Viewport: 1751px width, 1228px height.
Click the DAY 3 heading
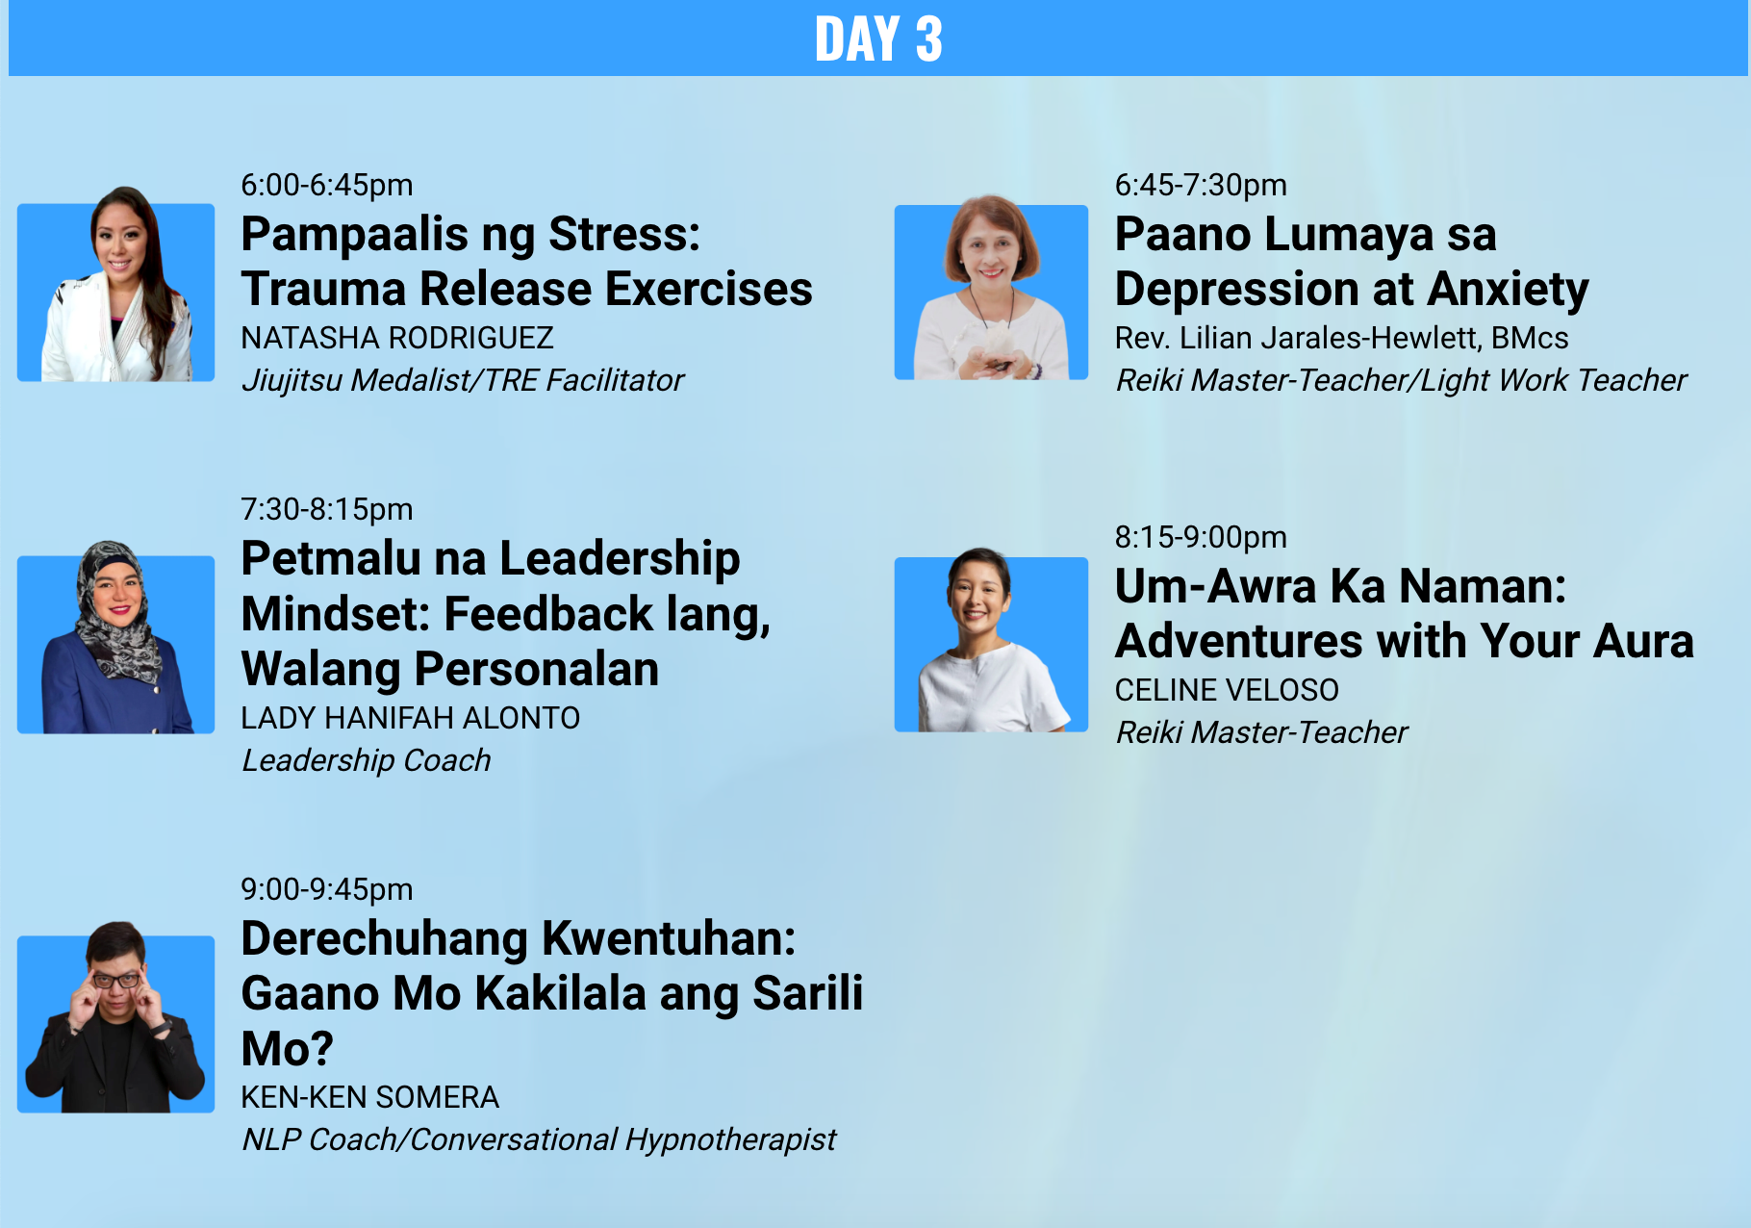(878, 38)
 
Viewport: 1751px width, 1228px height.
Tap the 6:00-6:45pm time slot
(327, 185)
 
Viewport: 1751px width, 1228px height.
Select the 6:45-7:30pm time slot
(1201, 185)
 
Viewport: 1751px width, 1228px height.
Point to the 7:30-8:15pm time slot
(327, 509)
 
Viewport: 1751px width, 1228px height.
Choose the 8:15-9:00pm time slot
(1201, 537)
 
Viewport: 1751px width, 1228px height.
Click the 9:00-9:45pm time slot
(327, 889)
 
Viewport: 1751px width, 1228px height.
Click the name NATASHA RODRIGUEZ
(397, 338)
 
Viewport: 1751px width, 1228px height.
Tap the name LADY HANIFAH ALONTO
(411, 718)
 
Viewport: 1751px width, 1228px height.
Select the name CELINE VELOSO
(1227, 690)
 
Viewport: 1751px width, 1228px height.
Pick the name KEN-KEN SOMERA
(370, 1097)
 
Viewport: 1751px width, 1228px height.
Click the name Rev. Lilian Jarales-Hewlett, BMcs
(1341, 338)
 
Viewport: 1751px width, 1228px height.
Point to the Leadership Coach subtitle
(367, 760)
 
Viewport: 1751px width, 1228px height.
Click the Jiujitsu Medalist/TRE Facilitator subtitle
(463, 380)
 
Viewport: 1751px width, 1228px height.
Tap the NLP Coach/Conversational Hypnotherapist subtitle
(539, 1139)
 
